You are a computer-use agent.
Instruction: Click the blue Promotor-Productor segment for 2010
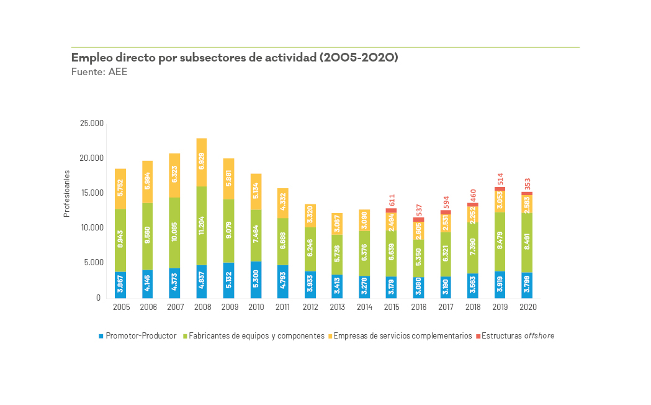(256, 280)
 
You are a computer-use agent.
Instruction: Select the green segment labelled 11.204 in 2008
(202, 225)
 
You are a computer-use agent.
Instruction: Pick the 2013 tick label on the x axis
(336, 307)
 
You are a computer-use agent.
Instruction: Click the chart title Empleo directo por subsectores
(235, 58)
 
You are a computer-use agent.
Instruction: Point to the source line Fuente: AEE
(100, 72)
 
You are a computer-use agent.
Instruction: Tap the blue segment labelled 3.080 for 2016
(418, 288)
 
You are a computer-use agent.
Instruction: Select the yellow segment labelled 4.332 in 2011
(283, 203)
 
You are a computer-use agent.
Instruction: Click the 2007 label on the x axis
(175, 307)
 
